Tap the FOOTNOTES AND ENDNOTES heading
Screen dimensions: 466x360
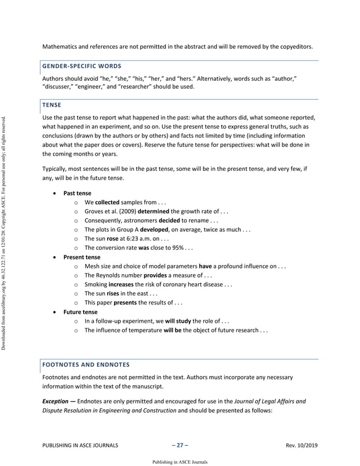point(86,364)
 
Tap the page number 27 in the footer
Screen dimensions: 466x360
point(179,445)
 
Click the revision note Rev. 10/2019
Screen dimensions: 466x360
point(302,445)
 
